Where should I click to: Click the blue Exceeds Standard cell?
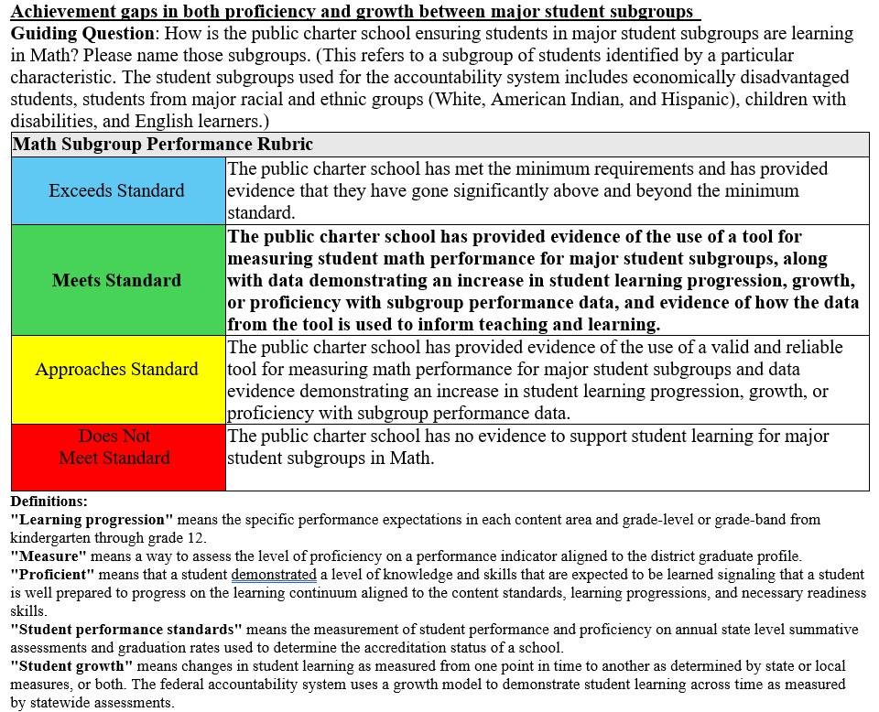tap(117, 190)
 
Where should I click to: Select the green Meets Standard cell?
tap(117, 280)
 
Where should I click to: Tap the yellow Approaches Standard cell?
tap(117, 370)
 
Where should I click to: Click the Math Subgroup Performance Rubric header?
tap(163, 145)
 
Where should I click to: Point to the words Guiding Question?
tap(81, 34)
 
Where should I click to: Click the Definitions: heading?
tap(49, 502)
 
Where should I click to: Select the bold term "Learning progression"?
tap(92, 519)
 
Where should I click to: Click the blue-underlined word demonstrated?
tap(274, 575)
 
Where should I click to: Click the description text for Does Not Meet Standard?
tap(527, 447)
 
